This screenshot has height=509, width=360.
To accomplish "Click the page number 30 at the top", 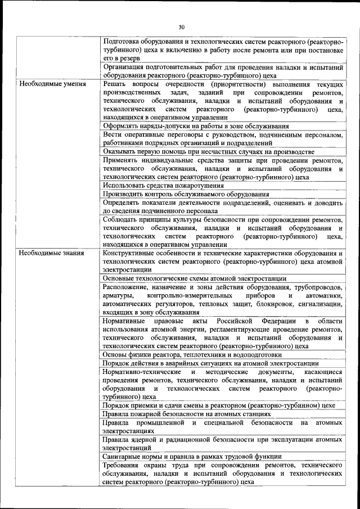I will [x=181, y=26].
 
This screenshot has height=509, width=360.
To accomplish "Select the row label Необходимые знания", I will [x=51, y=253].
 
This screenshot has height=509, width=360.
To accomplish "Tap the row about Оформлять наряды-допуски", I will [x=196, y=127].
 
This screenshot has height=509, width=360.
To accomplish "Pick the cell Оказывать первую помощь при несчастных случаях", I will [x=209, y=152].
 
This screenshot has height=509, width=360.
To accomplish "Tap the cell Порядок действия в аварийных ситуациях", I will [x=210, y=363].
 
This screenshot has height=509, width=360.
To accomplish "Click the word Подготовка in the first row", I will [x=123, y=42].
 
